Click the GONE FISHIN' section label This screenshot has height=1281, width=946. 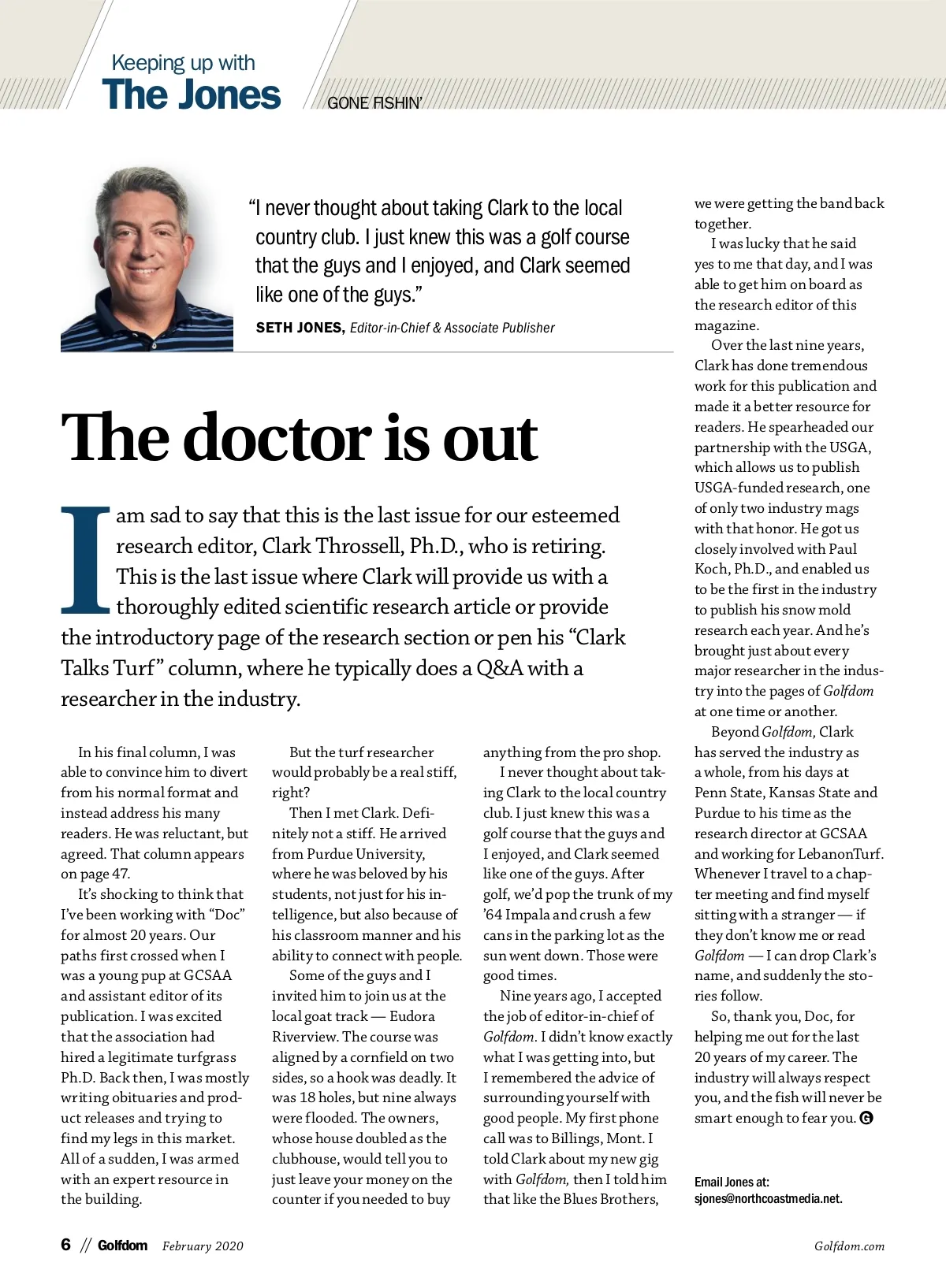pyautogui.click(x=374, y=103)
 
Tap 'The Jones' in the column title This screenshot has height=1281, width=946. pyautogui.click(x=191, y=95)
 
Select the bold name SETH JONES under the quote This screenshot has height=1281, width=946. pyautogui.click(x=300, y=328)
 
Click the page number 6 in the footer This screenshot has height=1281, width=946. pyautogui.click(x=66, y=1245)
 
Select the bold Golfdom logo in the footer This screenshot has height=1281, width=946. pyautogui.click(x=122, y=1246)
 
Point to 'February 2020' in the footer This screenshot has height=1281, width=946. pyautogui.click(x=203, y=1246)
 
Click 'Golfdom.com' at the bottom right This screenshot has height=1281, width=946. pyautogui.click(x=849, y=1246)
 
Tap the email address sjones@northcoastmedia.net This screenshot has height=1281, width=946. pyautogui.click(x=768, y=1199)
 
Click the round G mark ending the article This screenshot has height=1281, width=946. pyautogui.click(x=866, y=1118)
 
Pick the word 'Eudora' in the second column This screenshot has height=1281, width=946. pyautogui.click(x=412, y=1016)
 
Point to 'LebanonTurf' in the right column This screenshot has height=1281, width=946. pyautogui.click(x=840, y=854)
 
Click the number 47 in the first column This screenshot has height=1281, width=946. pyautogui.click(x=121, y=874)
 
